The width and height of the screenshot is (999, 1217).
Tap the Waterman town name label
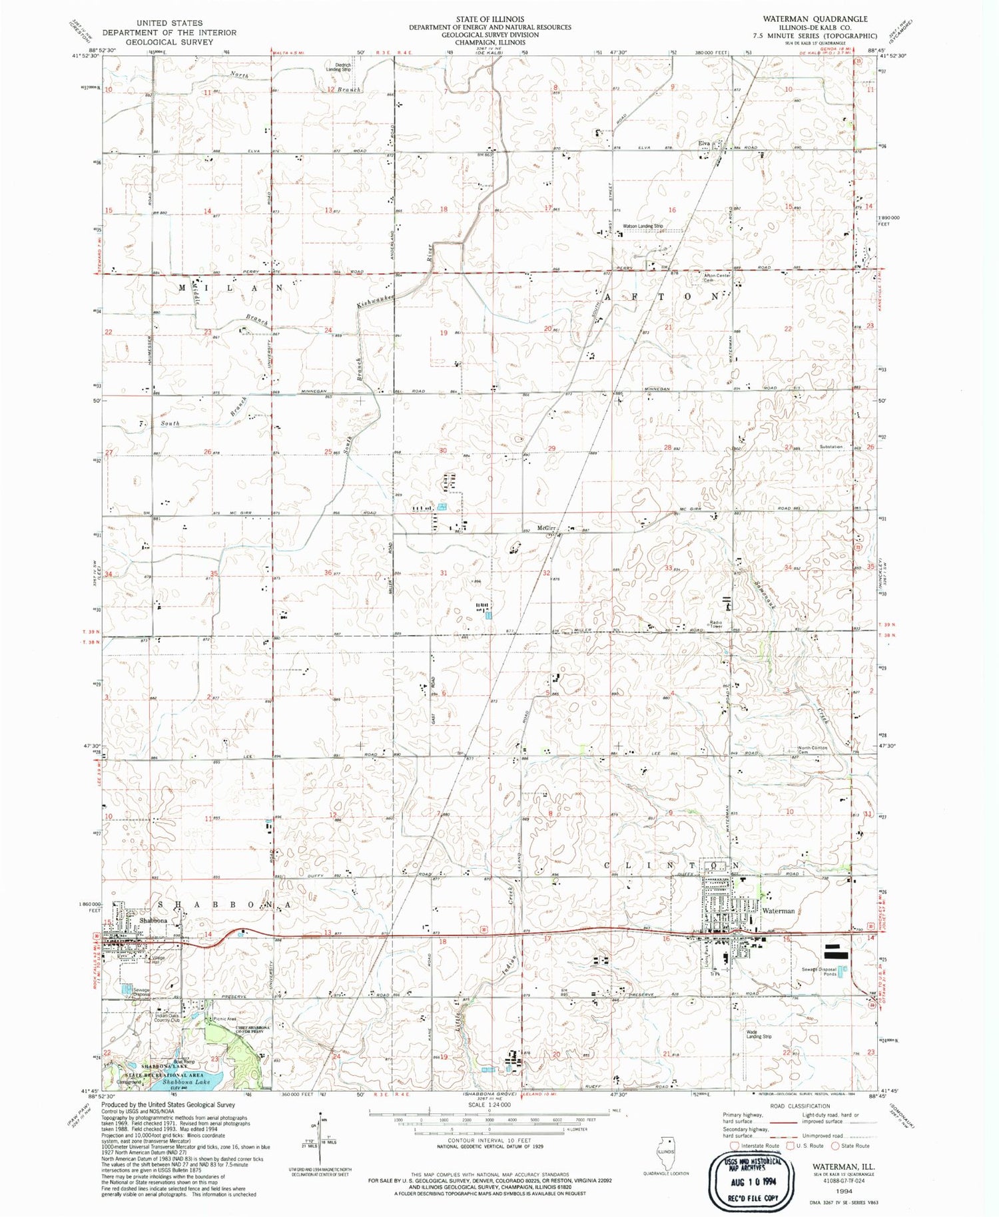click(779, 910)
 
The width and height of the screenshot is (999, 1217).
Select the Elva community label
click(703, 143)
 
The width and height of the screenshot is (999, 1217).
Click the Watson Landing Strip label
click(643, 226)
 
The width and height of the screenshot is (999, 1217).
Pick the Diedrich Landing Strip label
click(338, 66)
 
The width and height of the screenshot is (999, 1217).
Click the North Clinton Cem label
click(813, 750)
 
